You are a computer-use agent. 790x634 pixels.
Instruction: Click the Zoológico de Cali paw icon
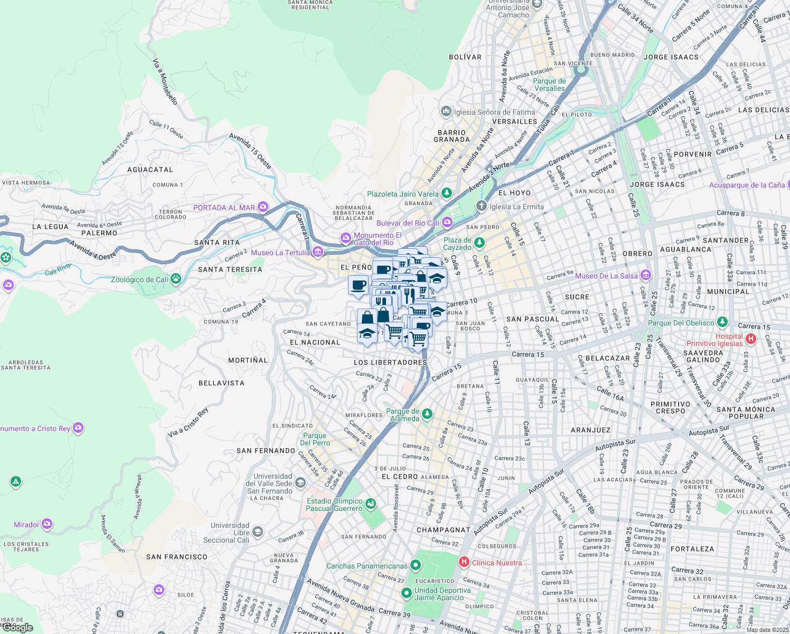point(176,279)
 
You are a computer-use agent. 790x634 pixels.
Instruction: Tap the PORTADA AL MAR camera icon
point(262,207)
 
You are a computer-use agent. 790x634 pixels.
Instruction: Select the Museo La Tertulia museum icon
point(318,252)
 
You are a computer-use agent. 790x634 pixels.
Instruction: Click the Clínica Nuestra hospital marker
point(464,562)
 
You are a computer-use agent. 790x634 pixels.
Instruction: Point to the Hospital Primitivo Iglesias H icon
point(751,339)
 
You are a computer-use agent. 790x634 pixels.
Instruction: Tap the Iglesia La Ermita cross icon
point(481,206)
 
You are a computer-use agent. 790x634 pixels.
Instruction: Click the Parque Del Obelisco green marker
point(722,322)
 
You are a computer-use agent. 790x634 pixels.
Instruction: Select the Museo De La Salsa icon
point(645,275)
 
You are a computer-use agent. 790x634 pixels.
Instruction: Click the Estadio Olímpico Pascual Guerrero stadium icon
point(371,504)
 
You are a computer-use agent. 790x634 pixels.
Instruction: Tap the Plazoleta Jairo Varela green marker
point(447,193)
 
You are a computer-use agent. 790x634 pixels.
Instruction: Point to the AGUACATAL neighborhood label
point(150,170)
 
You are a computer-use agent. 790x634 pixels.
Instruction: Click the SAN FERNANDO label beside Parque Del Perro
point(266,451)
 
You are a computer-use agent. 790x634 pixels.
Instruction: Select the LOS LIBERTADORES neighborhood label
point(390,362)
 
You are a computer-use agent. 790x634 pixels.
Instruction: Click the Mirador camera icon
point(47,524)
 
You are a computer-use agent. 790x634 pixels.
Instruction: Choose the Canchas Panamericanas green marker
point(416,566)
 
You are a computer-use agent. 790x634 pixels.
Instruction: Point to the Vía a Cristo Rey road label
point(188,423)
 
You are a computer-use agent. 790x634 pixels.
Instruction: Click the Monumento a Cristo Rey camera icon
point(78,428)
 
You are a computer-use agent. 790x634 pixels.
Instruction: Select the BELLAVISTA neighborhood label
point(221,383)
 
